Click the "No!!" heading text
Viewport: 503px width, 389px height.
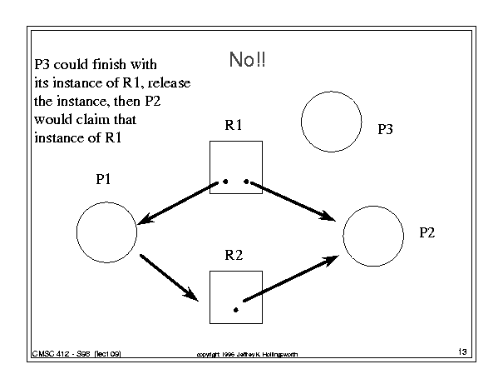pos(247,59)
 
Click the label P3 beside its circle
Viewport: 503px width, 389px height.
pos(385,129)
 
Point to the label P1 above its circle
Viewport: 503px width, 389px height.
pos(103,179)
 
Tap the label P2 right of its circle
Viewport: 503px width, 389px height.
pos(427,232)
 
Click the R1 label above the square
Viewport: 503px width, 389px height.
pos(234,125)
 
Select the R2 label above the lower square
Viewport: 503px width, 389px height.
pos(234,255)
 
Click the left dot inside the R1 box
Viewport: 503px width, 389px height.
pos(225,182)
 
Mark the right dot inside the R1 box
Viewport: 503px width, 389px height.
pos(246,182)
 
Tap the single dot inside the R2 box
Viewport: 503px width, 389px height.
pos(236,310)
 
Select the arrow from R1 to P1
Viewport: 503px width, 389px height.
pos(178,203)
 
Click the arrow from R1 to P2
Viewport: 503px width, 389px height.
pos(293,202)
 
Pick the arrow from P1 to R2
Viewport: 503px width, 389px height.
pos(169,277)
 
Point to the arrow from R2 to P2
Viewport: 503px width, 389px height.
pos(291,279)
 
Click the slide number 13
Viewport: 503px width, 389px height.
pos(462,352)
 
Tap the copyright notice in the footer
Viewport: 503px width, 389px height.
pos(247,354)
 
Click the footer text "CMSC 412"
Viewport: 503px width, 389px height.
pos(51,354)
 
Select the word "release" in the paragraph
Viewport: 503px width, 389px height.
pos(169,83)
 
